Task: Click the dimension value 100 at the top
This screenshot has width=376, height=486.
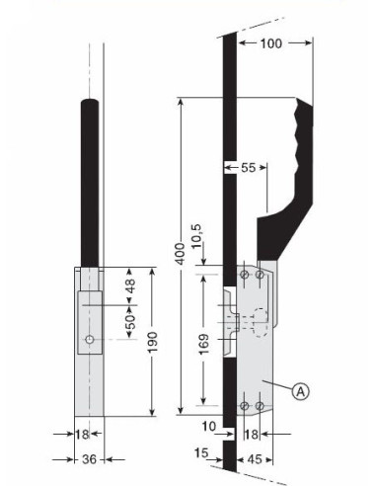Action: coord(271,43)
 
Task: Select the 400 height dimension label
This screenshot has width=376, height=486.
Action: coord(180,254)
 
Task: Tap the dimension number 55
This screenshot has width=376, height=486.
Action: coord(248,168)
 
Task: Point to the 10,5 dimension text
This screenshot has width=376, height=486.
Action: coord(197,236)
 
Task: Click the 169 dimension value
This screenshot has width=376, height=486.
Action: coord(204,344)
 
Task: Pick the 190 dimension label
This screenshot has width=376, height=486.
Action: coord(152,342)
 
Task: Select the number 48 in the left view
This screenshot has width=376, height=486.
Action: coord(130,285)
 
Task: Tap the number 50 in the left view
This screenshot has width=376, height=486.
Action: coord(130,322)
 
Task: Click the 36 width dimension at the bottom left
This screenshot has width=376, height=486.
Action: coord(89,459)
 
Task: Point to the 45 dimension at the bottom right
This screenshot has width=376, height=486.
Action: coord(255,459)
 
